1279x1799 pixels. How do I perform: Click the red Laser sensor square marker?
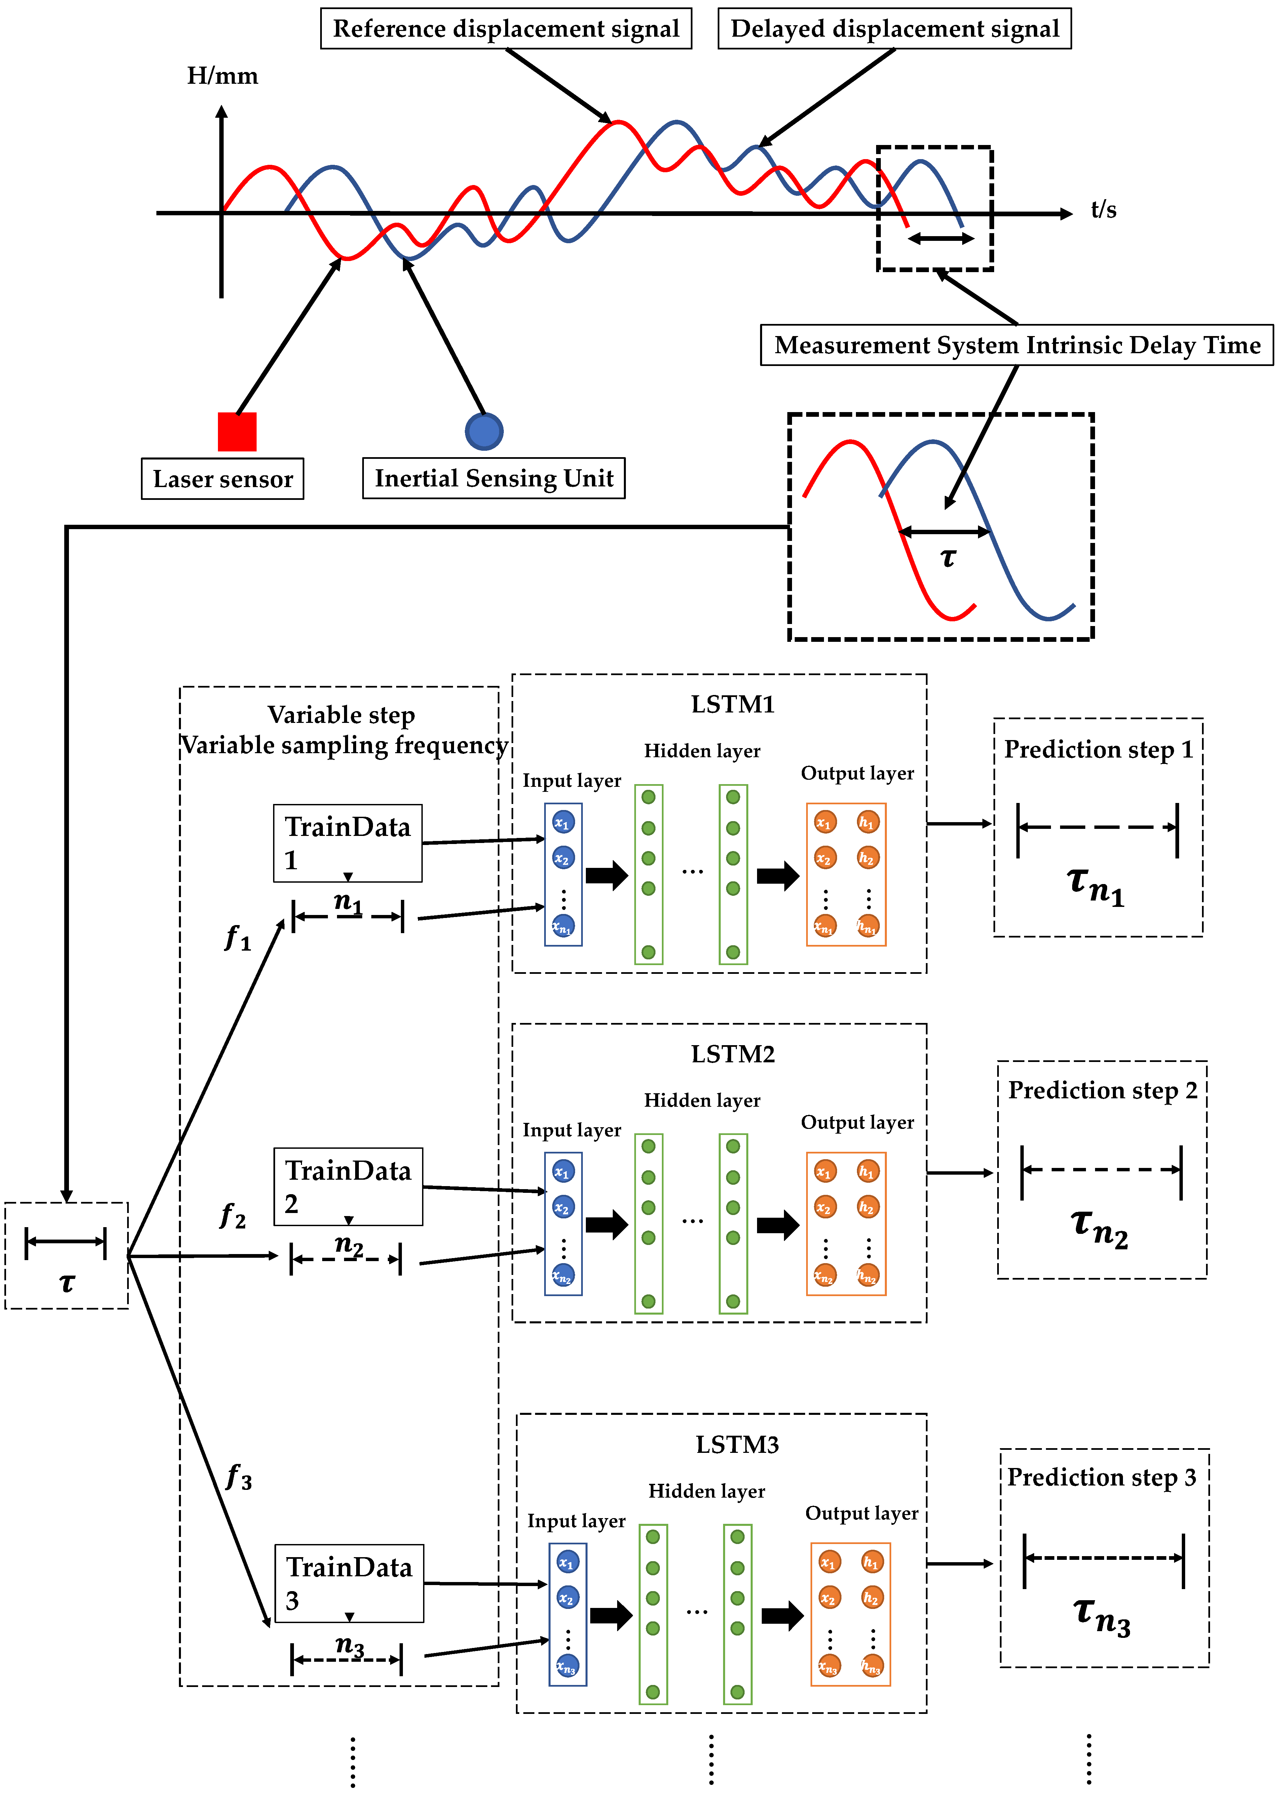pyautogui.click(x=237, y=432)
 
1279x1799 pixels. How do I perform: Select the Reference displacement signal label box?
pyautogui.click(x=505, y=29)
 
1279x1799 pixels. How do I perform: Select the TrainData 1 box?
pyautogui.click(x=347, y=842)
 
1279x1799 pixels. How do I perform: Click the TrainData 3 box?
pyautogui.click(x=349, y=1582)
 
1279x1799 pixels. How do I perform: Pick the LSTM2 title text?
pyautogui.click(x=732, y=1054)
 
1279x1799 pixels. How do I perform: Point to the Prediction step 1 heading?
pyautogui.click(x=1098, y=749)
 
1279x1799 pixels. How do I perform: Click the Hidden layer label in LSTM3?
pyautogui.click(x=707, y=1491)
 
